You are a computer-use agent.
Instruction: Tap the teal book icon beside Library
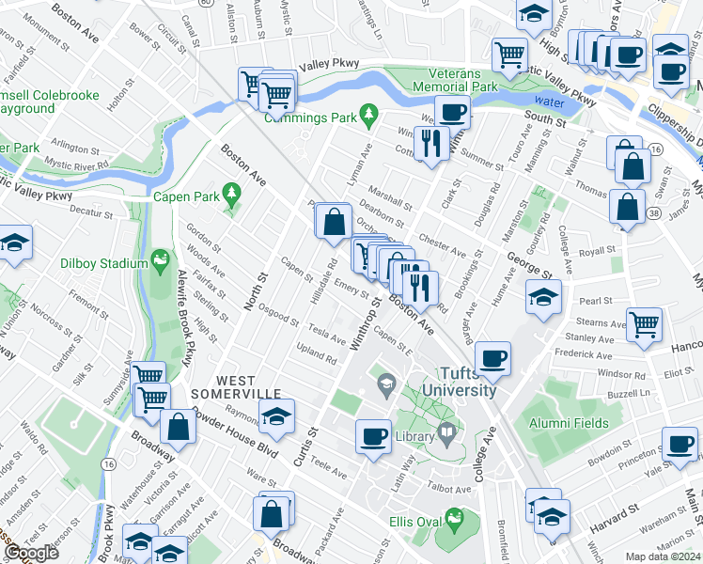click(x=448, y=435)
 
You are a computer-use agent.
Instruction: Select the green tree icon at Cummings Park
click(x=369, y=115)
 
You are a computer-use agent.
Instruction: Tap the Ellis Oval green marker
click(x=455, y=517)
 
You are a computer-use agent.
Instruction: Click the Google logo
click(x=31, y=554)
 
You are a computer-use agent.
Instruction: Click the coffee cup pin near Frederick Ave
click(x=492, y=358)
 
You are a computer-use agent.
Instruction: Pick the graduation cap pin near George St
click(x=544, y=297)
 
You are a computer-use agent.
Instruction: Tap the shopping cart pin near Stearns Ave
click(x=644, y=324)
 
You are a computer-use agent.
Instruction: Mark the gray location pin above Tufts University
click(x=385, y=383)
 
